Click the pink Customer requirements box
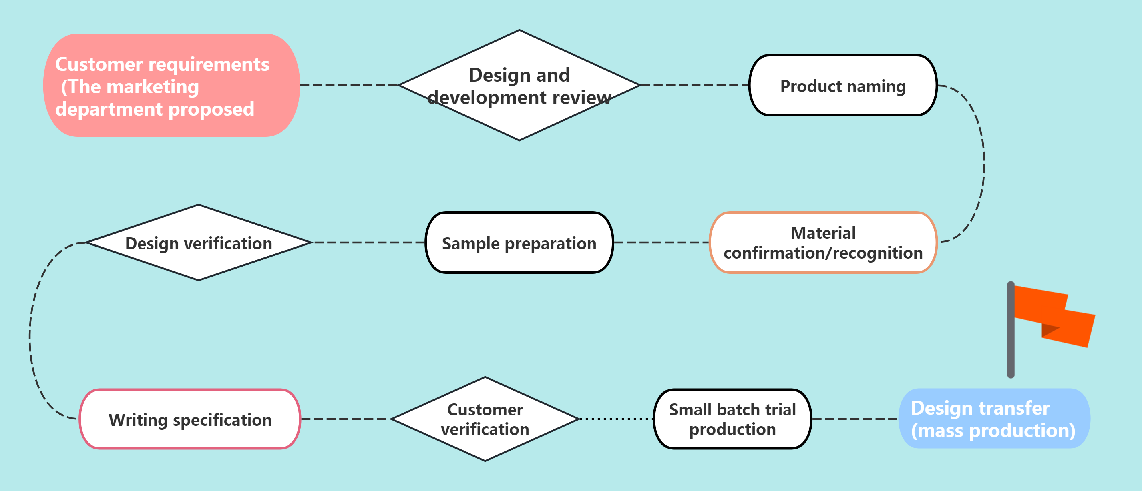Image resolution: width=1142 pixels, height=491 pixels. (x=171, y=85)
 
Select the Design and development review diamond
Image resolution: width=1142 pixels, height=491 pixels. (x=519, y=85)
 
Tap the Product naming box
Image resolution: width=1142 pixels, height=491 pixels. (x=843, y=85)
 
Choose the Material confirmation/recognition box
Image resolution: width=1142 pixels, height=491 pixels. (x=823, y=242)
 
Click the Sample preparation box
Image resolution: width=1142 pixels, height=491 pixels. (x=519, y=242)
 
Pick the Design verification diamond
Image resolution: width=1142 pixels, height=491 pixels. (x=199, y=242)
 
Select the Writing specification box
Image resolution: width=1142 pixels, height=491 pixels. (x=190, y=419)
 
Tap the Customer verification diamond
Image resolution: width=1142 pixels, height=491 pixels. (x=485, y=419)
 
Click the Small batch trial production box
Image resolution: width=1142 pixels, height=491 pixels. (x=732, y=419)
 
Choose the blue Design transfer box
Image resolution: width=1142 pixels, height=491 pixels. (x=994, y=419)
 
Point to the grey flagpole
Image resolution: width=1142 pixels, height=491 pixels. (x=1011, y=330)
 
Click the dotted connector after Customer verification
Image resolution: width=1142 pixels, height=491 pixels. (x=617, y=419)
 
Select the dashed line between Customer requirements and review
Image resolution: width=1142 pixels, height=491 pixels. (x=349, y=85)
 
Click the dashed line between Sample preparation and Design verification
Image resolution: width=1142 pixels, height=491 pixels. (x=369, y=242)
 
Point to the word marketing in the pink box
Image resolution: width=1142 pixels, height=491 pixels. (x=153, y=87)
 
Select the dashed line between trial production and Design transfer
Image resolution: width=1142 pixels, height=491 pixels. (x=855, y=419)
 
